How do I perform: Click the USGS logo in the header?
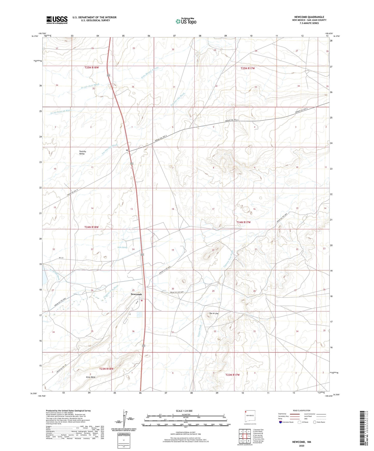point(57,20)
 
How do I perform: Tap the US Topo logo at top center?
point(186,21)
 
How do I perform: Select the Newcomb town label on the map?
point(136,294)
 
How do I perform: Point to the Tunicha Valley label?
point(82,153)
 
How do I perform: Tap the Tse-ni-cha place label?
point(214,313)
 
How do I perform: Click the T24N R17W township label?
point(244,222)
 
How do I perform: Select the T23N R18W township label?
point(106,369)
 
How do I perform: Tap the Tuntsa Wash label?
point(200,330)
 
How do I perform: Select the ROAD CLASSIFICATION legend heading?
point(302,410)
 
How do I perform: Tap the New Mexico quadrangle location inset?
point(250,417)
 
